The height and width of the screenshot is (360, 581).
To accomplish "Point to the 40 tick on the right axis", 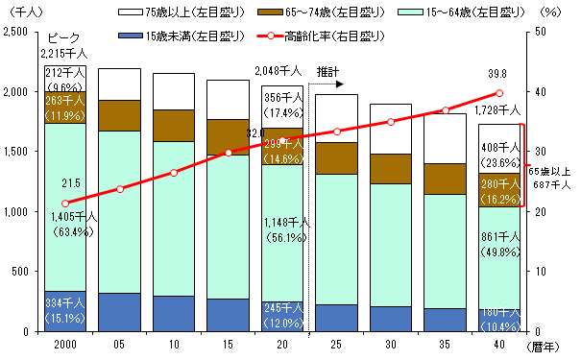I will coord(541,91).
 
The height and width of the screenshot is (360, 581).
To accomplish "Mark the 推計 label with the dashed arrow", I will coord(328,71).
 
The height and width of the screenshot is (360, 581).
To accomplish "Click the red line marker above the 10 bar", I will coord(173,172).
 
